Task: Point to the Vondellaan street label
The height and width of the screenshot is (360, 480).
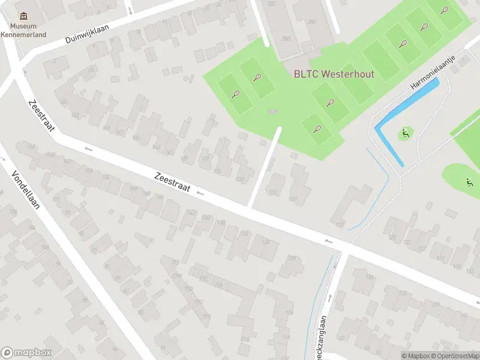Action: tap(25, 190)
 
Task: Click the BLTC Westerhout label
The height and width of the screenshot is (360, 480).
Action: tap(334, 74)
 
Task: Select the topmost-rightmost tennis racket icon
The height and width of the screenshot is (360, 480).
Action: tap(445, 10)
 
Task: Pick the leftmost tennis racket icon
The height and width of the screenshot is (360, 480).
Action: tap(236, 94)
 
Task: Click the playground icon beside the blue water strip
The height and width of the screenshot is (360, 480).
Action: tap(406, 133)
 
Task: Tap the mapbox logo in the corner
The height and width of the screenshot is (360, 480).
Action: tap(26, 353)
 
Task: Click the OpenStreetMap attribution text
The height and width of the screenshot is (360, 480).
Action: tap(457, 356)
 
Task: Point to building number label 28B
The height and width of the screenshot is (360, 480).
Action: tap(286, 39)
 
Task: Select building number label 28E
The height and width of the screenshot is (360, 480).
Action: tap(311, 22)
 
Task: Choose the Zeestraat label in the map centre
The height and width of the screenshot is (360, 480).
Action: tap(172, 183)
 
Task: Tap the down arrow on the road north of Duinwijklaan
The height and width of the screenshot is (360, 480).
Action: tap(130, 10)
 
